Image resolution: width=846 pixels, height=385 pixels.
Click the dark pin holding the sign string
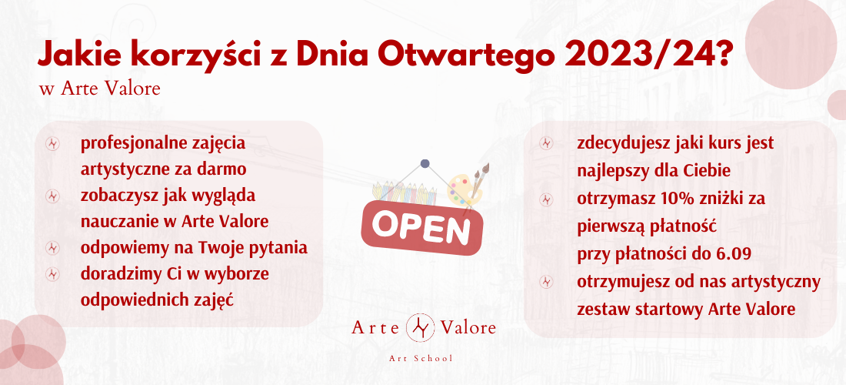(x=425, y=162)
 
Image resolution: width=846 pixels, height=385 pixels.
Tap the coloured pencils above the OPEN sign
(x=404, y=192)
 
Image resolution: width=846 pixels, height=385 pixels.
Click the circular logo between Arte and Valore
(x=419, y=327)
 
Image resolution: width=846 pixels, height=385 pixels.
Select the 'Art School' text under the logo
(x=421, y=359)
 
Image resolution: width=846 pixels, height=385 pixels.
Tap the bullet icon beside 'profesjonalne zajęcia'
(x=52, y=144)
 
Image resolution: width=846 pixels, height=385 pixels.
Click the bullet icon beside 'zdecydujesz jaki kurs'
(x=547, y=143)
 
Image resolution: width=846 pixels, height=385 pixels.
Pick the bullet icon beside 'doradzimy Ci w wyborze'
(x=52, y=274)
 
